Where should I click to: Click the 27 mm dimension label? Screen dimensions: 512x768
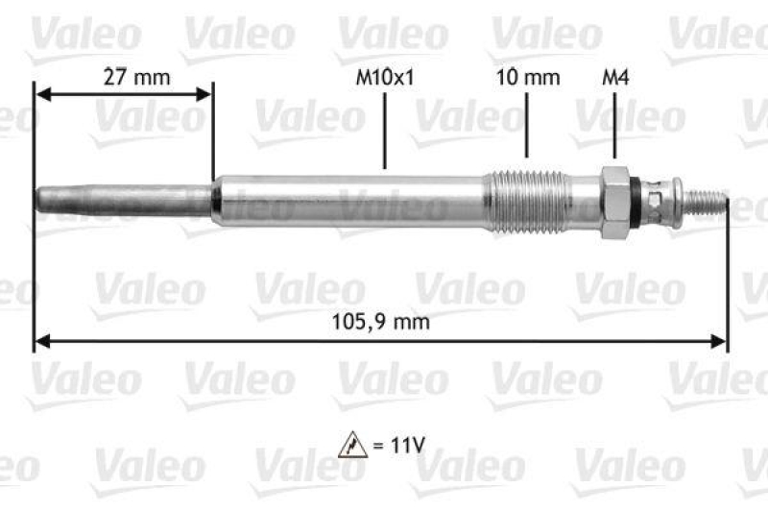pyautogui.click(x=130, y=78)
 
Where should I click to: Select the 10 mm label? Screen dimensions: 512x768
pyautogui.click(x=527, y=78)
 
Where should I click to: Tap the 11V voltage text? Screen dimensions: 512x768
pyautogui.click(x=406, y=444)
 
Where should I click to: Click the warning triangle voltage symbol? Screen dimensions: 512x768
pyautogui.click(x=351, y=444)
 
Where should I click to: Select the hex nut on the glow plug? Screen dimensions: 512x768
pyautogui.click(x=613, y=203)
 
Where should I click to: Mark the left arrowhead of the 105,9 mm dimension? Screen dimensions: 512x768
pyautogui.click(x=41, y=339)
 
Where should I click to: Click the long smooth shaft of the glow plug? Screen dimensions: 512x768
pyautogui.click(x=355, y=203)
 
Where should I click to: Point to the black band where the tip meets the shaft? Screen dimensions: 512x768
pyautogui.click(x=216, y=201)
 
